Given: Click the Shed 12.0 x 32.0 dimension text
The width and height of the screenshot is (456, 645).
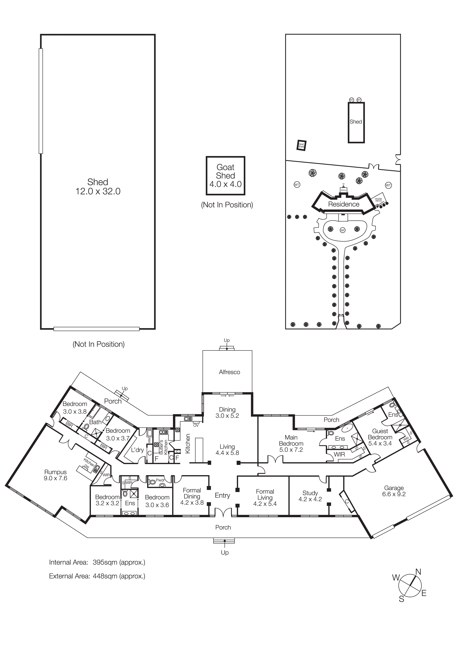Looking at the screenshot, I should tap(98, 191).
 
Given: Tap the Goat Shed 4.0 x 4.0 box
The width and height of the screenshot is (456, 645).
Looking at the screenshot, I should tap(225, 176).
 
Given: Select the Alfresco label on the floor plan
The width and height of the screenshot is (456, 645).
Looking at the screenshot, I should tap(229, 372).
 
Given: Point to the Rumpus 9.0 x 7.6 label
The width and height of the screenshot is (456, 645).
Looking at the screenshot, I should tap(55, 475).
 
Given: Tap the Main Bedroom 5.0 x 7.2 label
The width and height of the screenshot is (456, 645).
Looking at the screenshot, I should tap(291, 444).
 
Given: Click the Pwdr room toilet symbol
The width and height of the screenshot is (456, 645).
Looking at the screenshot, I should tap(152, 482).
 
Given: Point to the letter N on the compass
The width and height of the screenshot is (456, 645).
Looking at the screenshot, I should tap(418, 572).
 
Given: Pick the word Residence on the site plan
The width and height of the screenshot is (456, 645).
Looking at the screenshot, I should tap(344, 204).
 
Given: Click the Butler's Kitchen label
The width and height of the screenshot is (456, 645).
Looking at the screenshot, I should tap(163, 447).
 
